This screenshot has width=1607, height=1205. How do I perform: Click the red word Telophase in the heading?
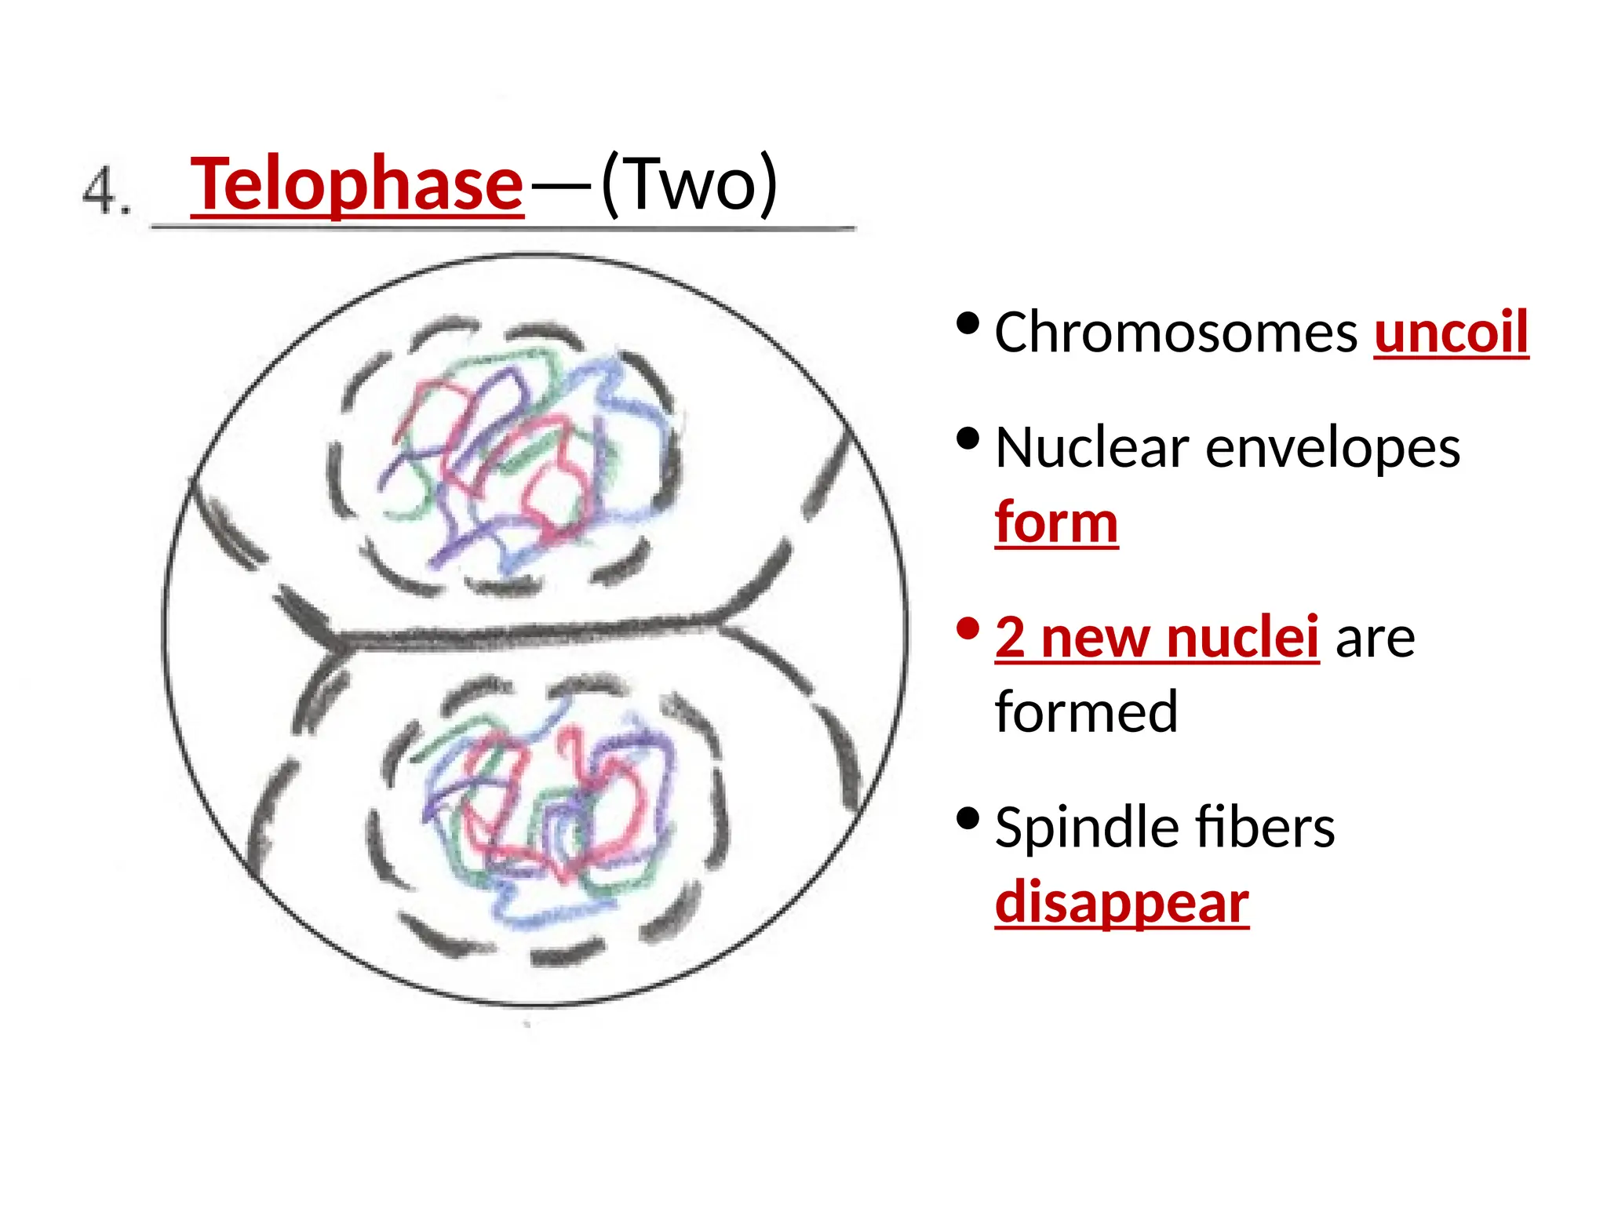coord(356,184)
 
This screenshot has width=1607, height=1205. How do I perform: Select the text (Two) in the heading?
coord(689,184)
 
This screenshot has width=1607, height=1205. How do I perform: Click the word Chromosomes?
coord(1175,333)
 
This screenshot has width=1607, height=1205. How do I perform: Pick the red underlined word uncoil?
coord(1451,333)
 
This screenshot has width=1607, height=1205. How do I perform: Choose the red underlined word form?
coord(1056,522)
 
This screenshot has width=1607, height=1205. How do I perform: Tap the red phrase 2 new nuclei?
coord(1157,637)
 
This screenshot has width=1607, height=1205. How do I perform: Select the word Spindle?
coord(1080,828)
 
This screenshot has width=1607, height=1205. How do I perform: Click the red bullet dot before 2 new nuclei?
coord(968,628)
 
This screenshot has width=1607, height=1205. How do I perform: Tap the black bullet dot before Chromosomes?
coord(968,323)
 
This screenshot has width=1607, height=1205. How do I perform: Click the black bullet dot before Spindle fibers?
coord(968,819)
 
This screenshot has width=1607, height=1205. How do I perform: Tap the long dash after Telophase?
coord(560,187)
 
